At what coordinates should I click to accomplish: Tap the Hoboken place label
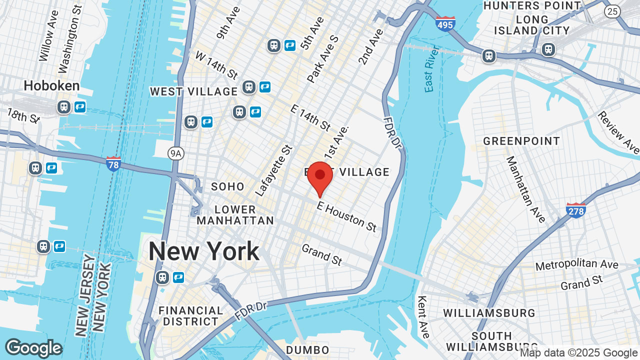51,85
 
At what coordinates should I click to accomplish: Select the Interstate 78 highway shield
113,163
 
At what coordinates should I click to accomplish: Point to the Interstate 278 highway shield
576,210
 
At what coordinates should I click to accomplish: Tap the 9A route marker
175,153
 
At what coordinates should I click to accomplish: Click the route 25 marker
612,11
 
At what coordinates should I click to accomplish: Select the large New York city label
204,251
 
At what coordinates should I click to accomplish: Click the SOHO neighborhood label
228,186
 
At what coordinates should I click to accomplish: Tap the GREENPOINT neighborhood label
521,141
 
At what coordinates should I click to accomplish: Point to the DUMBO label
307,350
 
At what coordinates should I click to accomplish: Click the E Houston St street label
346,216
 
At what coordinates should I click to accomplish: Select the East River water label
431,69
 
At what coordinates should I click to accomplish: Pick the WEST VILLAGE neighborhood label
194,91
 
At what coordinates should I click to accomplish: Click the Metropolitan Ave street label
576,265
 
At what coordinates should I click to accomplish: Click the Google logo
33,348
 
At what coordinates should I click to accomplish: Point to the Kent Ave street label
423,316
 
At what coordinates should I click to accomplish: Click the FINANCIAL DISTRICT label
191,315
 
